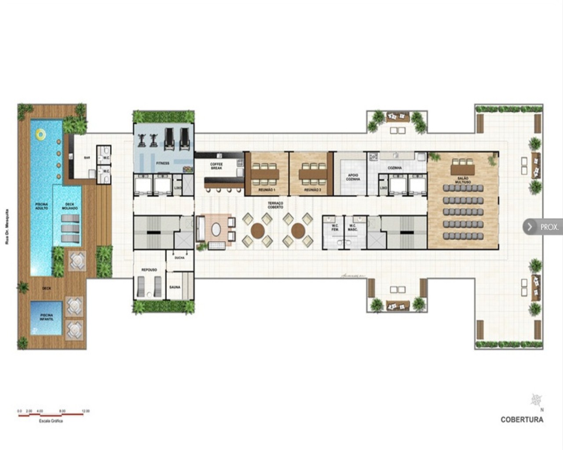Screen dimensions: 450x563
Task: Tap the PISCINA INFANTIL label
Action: click(x=47, y=317)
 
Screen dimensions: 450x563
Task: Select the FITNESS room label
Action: click(x=162, y=163)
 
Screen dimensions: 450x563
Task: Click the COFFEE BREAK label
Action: click(x=216, y=166)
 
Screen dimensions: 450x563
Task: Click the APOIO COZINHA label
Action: click(x=353, y=177)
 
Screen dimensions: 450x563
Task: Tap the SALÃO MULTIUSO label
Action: click(x=463, y=179)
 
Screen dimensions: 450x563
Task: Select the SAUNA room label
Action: click(x=175, y=287)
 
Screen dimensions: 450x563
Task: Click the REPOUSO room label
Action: click(x=149, y=269)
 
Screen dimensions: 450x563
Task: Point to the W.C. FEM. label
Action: click(x=335, y=228)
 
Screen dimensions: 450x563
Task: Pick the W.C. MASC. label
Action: click(x=353, y=228)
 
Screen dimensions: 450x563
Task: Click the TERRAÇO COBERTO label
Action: click(x=276, y=205)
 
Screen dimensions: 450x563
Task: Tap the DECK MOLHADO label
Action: click(x=69, y=206)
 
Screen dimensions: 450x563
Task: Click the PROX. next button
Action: click(x=542, y=227)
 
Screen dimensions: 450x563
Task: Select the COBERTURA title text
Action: click(x=522, y=419)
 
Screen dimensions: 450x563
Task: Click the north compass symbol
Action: click(x=536, y=400)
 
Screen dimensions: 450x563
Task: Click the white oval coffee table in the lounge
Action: click(x=216, y=229)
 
